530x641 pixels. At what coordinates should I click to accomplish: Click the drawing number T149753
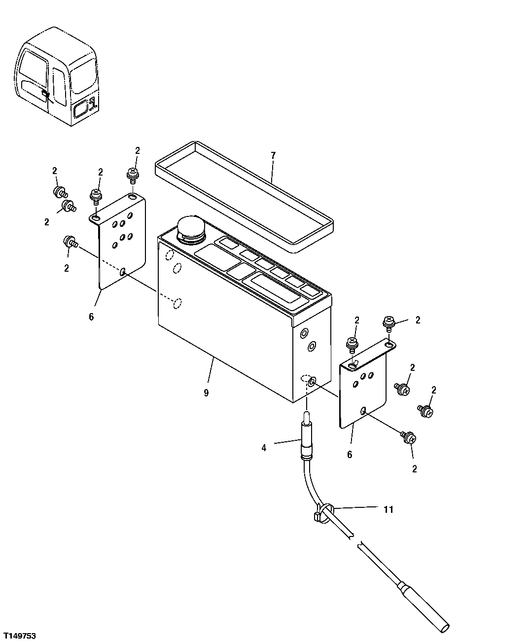click(x=19, y=632)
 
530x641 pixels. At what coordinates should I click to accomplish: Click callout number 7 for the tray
click(x=273, y=155)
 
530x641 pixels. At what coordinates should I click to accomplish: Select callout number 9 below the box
click(x=206, y=393)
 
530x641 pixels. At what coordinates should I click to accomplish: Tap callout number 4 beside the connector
click(x=264, y=448)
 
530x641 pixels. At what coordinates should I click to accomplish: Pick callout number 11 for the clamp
click(x=389, y=509)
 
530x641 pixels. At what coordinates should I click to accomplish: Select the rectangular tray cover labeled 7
click(x=244, y=197)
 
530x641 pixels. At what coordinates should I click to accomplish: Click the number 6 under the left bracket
click(x=91, y=317)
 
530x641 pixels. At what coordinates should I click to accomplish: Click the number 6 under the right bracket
click(x=350, y=455)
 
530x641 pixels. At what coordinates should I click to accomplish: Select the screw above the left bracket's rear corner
click(x=132, y=174)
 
